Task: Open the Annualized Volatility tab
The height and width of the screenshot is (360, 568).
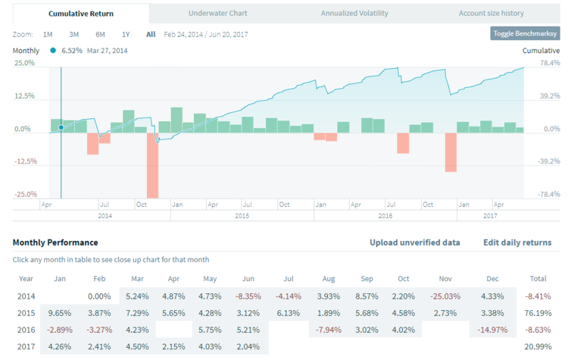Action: tap(354, 13)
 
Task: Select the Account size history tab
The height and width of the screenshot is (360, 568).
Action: tap(491, 13)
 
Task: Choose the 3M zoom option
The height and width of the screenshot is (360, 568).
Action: tap(74, 34)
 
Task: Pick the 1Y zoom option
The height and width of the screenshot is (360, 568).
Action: tap(126, 34)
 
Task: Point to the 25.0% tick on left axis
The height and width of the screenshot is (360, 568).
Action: tap(25, 63)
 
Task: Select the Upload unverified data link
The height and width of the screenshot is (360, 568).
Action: tap(414, 243)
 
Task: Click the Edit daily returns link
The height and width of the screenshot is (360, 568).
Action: tap(517, 243)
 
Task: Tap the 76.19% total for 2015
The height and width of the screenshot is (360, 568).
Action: tap(541, 312)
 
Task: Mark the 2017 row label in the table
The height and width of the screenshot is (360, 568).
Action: tap(27, 347)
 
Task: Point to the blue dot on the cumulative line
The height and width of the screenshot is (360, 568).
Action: tap(61, 127)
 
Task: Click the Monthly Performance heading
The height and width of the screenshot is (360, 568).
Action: tap(55, 243)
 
